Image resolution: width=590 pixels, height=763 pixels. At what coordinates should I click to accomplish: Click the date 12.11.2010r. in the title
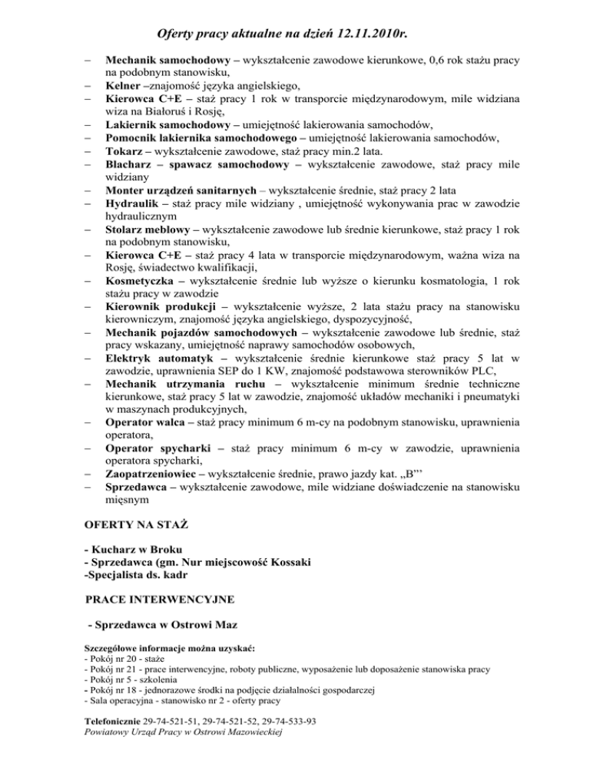pyautogui.click(x=357, y=34)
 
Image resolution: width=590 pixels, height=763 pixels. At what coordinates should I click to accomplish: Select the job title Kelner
pyautogui.click(x=124, y=84)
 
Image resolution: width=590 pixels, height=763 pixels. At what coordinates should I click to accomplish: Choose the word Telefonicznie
pyautogui.click(x=111, y=722)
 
